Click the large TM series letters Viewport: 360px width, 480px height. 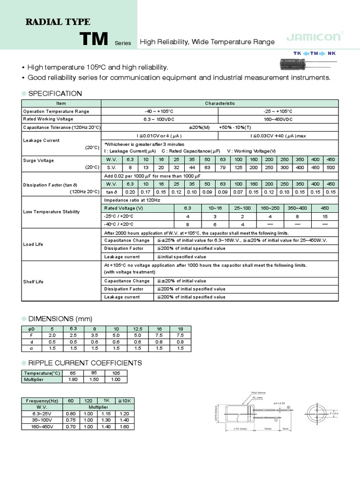coord(95,39)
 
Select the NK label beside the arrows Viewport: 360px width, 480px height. coord(332,53)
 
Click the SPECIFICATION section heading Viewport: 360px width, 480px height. coord(55,93)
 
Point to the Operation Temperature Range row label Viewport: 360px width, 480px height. coord(56,112)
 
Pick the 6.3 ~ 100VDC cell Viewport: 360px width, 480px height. coord(160,120)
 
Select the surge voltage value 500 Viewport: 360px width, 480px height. coord(331,167)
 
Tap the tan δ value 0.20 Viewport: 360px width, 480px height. coord(130,192)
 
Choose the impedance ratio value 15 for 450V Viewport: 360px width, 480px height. coord(324,216)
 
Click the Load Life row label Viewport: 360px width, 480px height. coord(33,244)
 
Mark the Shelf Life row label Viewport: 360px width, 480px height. coord(33,282)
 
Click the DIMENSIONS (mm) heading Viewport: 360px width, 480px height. coord(59,319)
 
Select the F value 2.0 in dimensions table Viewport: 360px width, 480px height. coord(52,336)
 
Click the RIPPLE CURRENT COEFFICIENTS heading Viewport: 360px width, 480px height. coord(85,363)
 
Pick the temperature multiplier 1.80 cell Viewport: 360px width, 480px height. coord(73,380)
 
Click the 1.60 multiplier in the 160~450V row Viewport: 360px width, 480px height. coord(124,427)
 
